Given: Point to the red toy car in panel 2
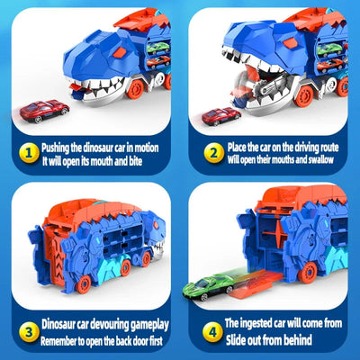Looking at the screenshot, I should click(x=220, y=117).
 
